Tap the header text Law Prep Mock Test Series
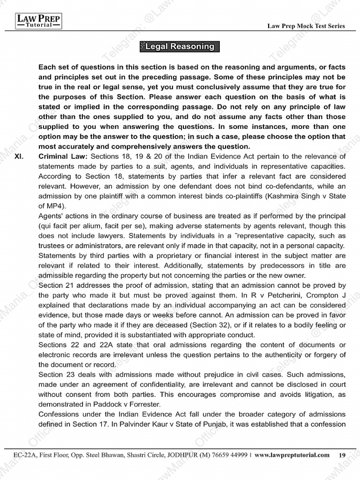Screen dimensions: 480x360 [x=306, y=26]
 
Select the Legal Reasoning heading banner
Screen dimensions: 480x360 [x=180, y=47]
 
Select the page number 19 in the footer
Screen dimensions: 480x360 [x=342, y=455]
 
